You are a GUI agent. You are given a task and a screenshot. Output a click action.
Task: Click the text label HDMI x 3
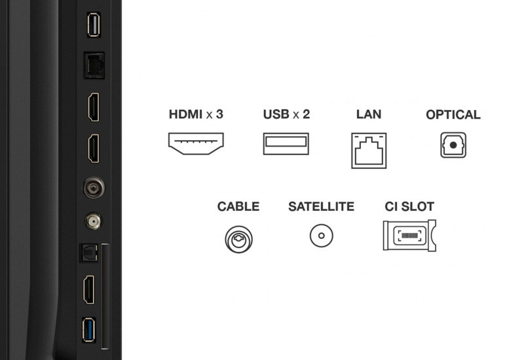tap(196, 115)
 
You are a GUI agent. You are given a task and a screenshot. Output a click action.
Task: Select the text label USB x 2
tap(286, 115)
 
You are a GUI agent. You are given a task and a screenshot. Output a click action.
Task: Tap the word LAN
tap(369, 115)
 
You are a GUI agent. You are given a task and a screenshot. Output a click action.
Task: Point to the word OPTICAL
tap(453, 115)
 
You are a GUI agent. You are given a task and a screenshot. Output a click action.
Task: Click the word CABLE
tap(238, 207)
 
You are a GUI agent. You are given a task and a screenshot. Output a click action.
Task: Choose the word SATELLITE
tap(321, 207)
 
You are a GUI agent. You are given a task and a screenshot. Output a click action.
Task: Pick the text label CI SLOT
tap(409, 207)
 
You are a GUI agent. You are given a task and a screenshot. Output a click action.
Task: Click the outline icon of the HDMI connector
tap(196, 144)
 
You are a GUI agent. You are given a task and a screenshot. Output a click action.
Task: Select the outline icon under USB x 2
tap(286, 144)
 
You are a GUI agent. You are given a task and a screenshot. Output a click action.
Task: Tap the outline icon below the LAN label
tap(369, 150)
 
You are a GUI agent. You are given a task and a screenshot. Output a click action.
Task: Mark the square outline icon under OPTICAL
tap(453, 145)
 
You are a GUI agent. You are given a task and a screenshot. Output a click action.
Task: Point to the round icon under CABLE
tap(238, 238)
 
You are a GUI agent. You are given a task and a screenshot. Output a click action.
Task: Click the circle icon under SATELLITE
tap(321, 236)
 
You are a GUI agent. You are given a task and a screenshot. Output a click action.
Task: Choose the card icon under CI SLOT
tap(409, 236)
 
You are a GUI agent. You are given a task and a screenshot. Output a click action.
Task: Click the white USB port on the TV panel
tap(93, 26)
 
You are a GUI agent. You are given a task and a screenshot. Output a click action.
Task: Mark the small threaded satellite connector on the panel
tap(93, 222)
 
